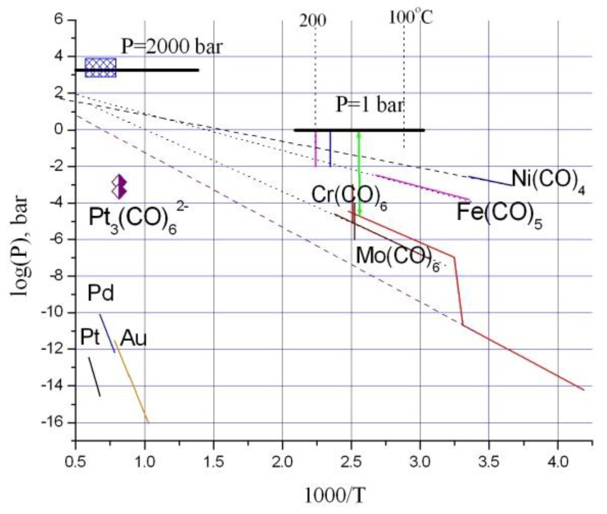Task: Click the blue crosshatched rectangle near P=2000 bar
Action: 100,68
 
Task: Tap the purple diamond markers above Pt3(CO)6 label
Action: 119,187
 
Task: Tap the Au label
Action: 133,338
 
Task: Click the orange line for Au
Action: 131,382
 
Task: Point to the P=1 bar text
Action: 370,105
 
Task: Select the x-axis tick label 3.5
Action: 489,463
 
